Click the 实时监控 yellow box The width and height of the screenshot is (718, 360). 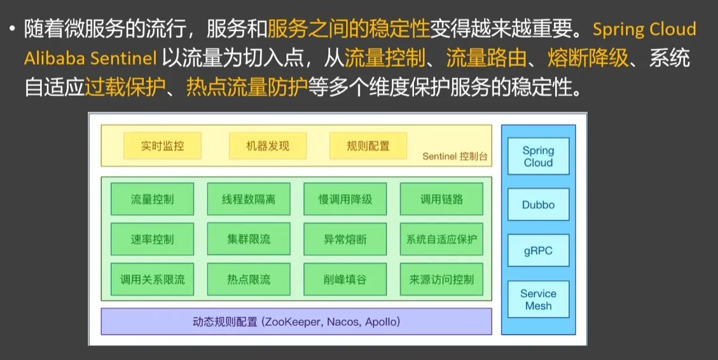(162, 146)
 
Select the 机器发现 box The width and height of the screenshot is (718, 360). (267, 146)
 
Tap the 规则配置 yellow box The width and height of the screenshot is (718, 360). (368, 146)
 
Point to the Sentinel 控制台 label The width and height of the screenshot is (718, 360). (455, 156)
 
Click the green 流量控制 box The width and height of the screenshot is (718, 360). (152, 199)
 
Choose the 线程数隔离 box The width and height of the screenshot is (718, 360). (249, 199)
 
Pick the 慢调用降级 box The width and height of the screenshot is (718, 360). (345, 199)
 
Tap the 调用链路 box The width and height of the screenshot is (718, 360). (441, 199)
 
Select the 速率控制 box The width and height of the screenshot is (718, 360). (152, 239)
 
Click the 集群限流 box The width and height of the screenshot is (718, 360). (249, 239)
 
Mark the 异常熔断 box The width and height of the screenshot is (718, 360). (345, 239)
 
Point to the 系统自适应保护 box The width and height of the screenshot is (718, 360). (441, 239)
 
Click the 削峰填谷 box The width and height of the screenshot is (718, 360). (345, 279)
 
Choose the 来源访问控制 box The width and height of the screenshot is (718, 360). (441, 279)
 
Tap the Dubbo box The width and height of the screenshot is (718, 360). (539, 204)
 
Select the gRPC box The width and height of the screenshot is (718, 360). (539, 251)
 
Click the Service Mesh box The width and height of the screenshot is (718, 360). (539, 300)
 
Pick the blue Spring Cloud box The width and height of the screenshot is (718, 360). (539, 156)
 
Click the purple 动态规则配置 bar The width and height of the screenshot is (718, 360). (296, 322)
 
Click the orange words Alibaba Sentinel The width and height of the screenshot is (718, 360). (90, 59)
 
